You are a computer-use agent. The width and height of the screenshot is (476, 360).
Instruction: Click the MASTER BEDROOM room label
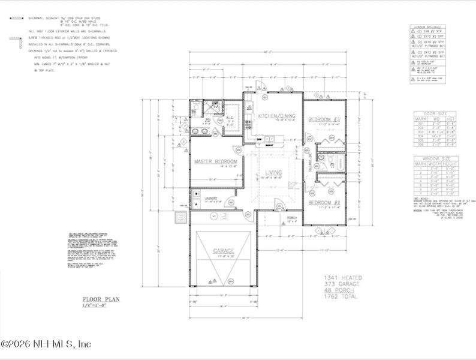pyautogui.click(x=215, y=162)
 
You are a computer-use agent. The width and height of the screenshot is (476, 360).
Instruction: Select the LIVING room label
pyautogui.click(x=273, y=173)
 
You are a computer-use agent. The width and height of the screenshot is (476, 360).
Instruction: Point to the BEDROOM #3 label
pyautogui.click(x=324, y=120)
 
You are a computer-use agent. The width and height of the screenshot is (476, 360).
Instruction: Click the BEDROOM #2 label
pyautogui.click(x=324, y=203)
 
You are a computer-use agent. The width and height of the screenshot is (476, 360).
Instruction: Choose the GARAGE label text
pyautogui.click(x=222, y=251)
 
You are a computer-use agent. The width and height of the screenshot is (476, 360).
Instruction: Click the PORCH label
pyautogui.click(x=292, y=218)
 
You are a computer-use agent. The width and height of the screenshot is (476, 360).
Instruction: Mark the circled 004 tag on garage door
pyautogui.click(x=230, y=281)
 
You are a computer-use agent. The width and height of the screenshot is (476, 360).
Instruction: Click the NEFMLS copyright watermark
pyautogui.click(x=46, y=344)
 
